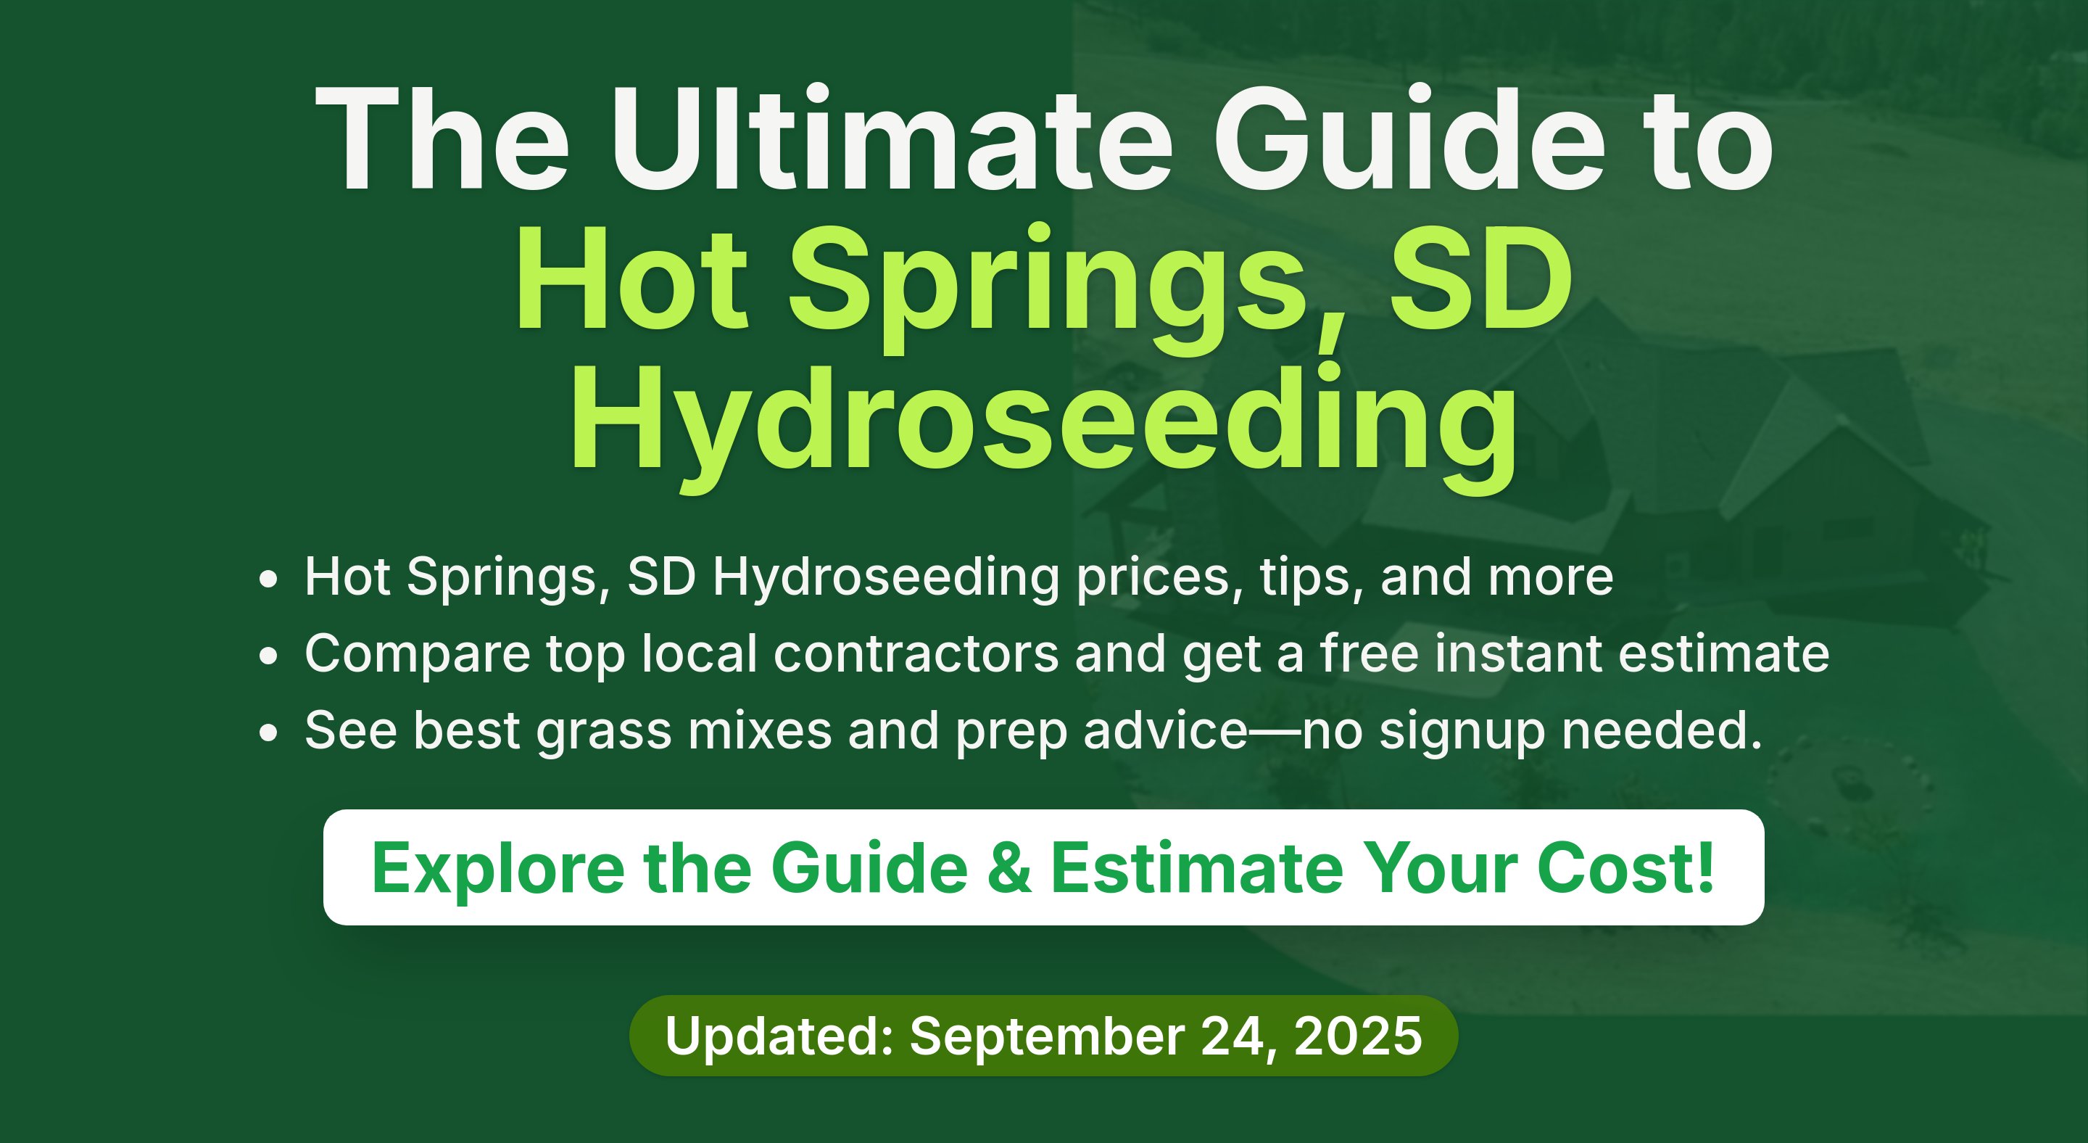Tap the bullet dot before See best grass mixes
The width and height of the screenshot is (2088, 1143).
(x=268, y=732)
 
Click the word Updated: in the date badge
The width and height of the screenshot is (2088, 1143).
(x=779, y=1036)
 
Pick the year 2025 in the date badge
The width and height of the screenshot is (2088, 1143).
(x=1358, y=1036)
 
